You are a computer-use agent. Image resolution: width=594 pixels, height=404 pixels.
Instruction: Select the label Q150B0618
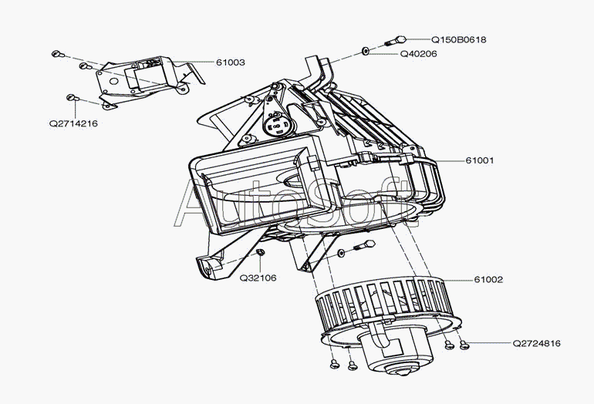(x=458, y=39)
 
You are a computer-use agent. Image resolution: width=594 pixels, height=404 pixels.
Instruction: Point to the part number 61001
(x=479, y=160)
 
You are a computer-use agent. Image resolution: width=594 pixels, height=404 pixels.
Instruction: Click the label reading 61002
(x=488, y=280)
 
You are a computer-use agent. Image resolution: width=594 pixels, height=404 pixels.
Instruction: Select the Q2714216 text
(x=73, y=123)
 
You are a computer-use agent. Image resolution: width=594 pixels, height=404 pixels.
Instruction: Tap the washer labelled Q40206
(x=365, y=52)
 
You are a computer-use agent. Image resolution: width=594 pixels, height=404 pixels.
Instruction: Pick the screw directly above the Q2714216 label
(x=71, y=97)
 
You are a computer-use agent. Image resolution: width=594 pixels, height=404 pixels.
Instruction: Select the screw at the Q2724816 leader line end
(x=463, y=347)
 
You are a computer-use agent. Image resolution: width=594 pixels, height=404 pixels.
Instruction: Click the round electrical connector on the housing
(x=275, y=121)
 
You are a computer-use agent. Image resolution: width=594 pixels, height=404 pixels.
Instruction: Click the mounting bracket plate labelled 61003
(x=143, y=77)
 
